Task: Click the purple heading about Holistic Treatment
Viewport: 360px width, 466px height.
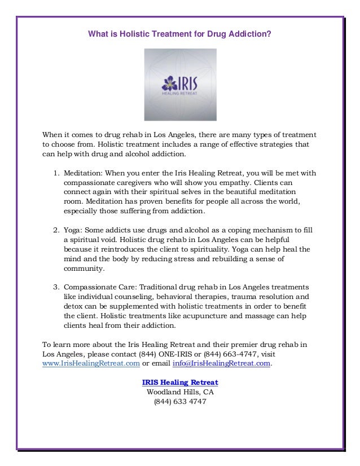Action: tap(180, 35)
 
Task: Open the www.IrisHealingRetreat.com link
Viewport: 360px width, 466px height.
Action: tap(91, 364)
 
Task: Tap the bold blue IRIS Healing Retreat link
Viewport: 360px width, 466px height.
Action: tap(180, 383)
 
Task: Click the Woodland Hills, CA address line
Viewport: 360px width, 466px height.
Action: tap(180, 392)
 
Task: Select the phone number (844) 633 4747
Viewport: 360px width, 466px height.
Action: tap(180, 402)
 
